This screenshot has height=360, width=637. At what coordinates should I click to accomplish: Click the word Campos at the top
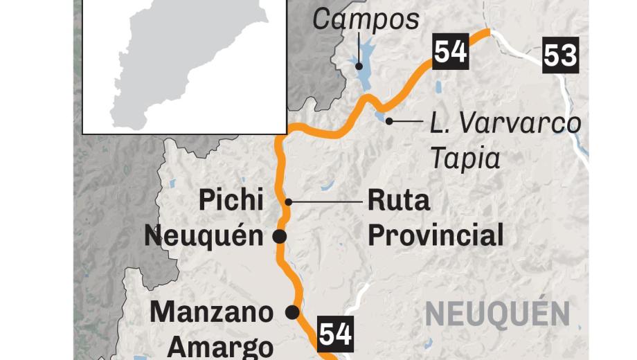point(366,19)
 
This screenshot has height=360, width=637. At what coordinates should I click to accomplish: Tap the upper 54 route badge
point(450,51)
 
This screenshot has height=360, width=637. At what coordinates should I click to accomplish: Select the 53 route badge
point(560,55)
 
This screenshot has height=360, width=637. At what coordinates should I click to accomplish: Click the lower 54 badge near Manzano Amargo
point(336,334)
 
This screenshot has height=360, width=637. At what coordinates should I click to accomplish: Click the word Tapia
point(465,159)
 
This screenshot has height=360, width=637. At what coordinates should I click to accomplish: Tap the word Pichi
point(231,201)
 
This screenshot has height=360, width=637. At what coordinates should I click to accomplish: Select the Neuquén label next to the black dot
point(204,236)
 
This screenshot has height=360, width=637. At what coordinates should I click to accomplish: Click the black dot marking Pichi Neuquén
point(280,237)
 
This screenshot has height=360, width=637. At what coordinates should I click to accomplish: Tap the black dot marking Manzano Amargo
point(293,312)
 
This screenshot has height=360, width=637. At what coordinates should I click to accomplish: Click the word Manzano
point(212,312)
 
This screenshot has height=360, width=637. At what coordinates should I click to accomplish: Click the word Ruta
point(398,201)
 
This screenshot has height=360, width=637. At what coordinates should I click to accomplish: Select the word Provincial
point(435,236)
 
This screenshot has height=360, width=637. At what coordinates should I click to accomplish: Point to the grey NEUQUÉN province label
point(497,314)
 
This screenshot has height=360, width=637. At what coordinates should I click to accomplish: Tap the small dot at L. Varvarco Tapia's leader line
point(389,121)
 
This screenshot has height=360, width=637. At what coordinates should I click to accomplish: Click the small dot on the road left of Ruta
point(289,202)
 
